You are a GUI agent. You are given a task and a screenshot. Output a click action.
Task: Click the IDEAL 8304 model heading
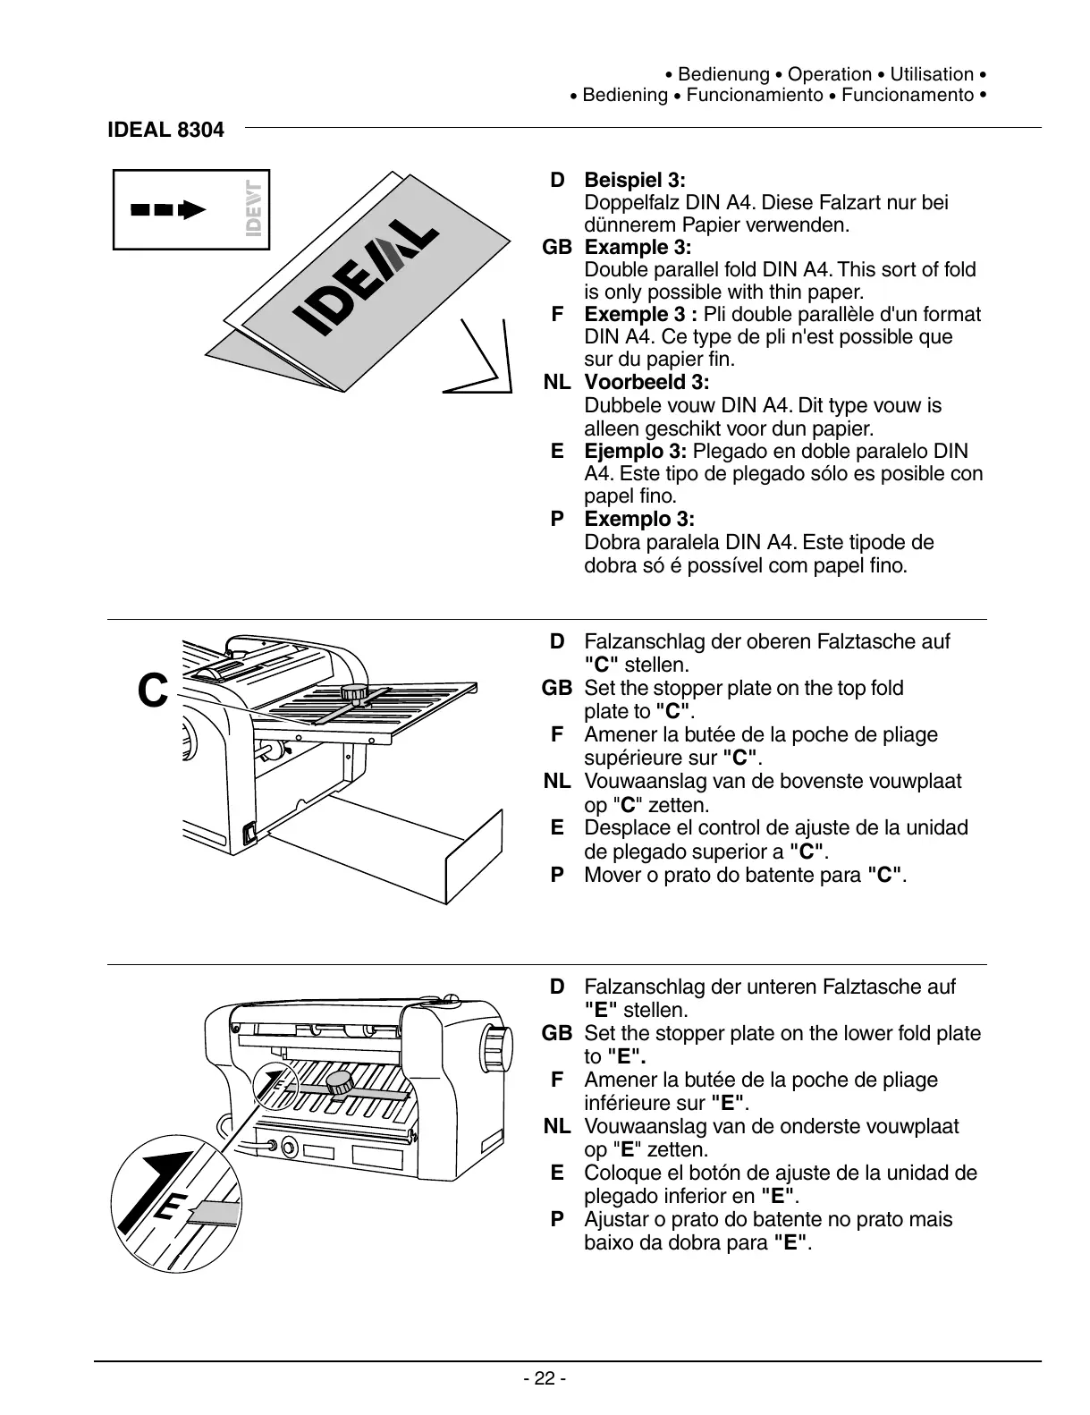[165, 130]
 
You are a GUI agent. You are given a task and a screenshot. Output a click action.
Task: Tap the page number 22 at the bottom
[545, 1378]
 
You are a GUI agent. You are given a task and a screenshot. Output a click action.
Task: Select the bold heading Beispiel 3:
[635, 180]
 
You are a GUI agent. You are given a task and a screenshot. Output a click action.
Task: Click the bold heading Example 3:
[638, 247]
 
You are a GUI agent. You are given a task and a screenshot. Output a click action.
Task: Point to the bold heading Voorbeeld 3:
[646, 383]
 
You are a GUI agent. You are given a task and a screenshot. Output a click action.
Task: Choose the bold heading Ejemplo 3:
[636, 451]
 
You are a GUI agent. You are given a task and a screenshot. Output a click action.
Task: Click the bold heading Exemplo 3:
[639, 519]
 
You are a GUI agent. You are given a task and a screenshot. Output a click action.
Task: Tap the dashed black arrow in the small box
[168, 210]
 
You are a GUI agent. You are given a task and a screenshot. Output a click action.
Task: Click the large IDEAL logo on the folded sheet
[367, 277]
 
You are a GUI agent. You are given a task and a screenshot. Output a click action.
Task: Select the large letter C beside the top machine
[153, 691]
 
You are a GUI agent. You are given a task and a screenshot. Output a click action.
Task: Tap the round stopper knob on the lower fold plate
[340, 1083]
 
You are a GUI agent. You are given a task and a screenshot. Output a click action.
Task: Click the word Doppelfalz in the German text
[629, 202]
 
